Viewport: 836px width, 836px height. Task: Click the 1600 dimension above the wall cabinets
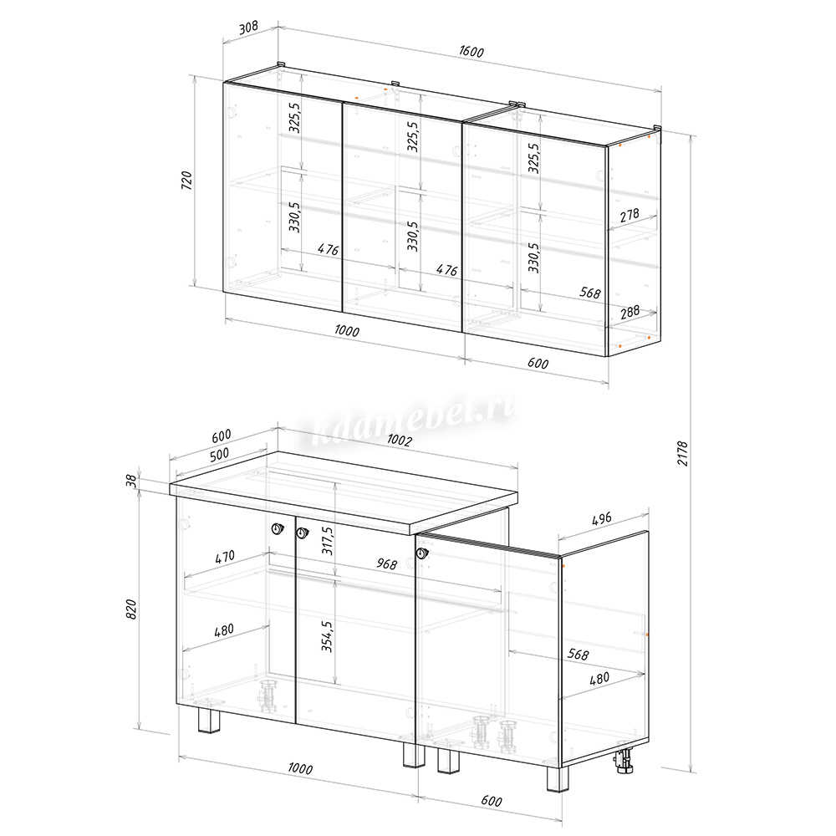(x=472, y=51)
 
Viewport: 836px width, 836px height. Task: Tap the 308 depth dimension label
(x=248, y=27)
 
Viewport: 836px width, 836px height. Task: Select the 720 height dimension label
(x=186, y=181)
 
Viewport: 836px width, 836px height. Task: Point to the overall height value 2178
(x=682, y=453)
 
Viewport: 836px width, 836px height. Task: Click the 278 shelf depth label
(x=630, y=215)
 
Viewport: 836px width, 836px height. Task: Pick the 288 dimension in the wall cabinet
(x=630, y=311)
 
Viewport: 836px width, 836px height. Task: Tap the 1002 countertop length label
(x=400, y=440)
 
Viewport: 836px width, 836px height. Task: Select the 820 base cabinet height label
(x=131, y=609)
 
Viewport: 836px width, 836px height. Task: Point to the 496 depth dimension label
(x=601, y=518)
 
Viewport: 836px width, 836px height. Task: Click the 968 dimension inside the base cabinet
(x=386, y=563)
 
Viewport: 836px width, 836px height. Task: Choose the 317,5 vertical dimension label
(x=328, y=540)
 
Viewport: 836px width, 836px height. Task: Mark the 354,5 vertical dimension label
(x=327, y=636)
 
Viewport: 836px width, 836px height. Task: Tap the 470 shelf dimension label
(x=224, y=557)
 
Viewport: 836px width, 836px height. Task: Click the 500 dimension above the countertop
(x=219, y=454)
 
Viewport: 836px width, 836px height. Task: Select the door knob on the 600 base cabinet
(x=422, y=553)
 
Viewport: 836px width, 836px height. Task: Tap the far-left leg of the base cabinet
(x=208, y=721)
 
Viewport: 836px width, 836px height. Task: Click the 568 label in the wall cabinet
(x=589, y=293)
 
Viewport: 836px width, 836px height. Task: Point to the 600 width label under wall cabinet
(x=538, y=363)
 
